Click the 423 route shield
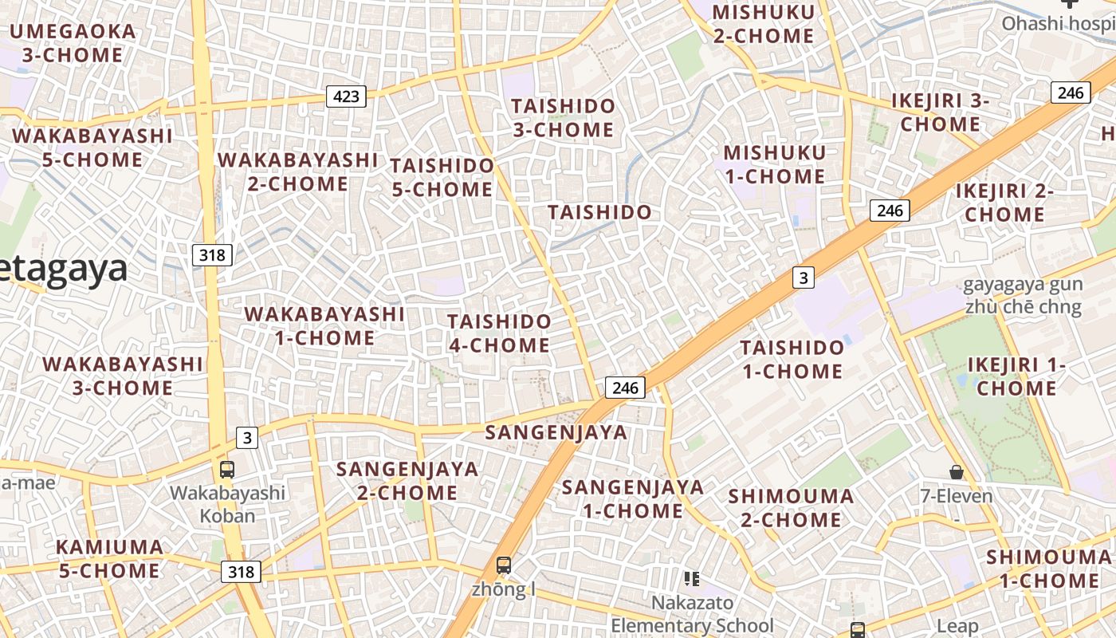346,97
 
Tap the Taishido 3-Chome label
563,117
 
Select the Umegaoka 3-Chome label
73,43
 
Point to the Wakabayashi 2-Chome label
297,171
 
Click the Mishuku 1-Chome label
774,164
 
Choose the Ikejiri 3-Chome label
940,112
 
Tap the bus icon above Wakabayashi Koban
227,469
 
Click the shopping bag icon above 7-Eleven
957,472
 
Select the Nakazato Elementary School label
692,614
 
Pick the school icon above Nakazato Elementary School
692,578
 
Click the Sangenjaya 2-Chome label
407,481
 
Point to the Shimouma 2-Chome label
791,508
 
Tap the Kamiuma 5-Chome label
109,559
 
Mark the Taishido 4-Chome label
499,333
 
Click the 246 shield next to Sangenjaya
625,388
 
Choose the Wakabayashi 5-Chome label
92,148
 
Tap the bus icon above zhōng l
504,565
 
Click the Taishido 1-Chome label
792,359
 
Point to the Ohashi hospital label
1058,23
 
